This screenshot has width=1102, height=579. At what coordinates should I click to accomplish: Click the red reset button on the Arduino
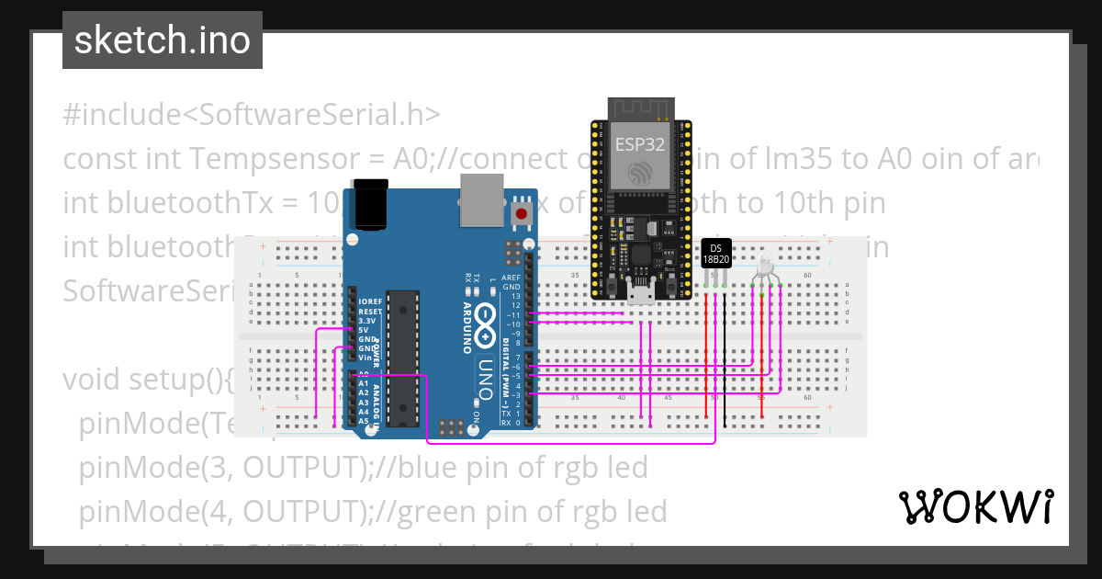[x=522, y=215]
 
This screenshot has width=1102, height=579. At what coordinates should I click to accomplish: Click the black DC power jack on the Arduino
[x=371, y=204]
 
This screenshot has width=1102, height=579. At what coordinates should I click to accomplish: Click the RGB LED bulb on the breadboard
[x=766, y=267]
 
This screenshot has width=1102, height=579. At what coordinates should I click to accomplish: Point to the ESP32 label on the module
[x=639, y=144]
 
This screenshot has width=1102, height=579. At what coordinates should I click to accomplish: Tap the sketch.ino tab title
[x=163, y=40]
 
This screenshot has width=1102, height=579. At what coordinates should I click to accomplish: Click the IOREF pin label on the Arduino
[x=369, y=301]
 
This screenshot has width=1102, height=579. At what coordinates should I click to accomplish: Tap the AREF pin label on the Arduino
[x=511, y=277]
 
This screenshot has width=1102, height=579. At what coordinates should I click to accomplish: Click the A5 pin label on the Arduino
[x=363, y=421]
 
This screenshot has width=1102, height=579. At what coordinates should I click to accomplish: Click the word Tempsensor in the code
[x=279, y=160]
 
